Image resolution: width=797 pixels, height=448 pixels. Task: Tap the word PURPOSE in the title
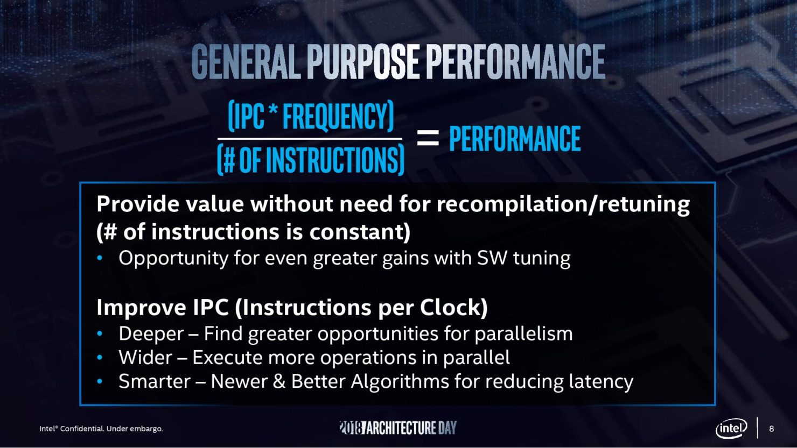tap(362, 61)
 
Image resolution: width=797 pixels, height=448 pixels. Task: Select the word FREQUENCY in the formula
tap(338, 116)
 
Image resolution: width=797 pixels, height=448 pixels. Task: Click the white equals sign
tap(428, 138)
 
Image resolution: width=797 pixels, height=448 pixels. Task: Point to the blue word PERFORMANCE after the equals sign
tap(515, 139)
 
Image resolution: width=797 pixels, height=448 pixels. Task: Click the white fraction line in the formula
tap(310, 139)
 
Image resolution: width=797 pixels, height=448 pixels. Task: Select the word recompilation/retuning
tap(563, 205)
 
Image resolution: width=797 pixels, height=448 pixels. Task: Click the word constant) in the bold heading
tap(360, 232)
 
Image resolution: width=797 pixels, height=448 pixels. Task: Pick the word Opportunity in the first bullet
tap(173, 259)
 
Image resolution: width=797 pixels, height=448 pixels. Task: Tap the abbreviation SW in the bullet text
tap(492, 258)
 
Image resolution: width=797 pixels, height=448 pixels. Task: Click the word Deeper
tap(151, 335)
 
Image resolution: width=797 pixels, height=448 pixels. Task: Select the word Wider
tap(145, 358)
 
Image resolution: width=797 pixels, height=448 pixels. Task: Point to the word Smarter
tap(155, 381)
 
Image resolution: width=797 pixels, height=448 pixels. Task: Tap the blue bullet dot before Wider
tap(100, 358)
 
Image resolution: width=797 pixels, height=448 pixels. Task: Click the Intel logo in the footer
tap(731, 429)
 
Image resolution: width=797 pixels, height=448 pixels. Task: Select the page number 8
tap(771, 429)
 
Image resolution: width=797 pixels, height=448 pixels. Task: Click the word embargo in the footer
tap(146, 429)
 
